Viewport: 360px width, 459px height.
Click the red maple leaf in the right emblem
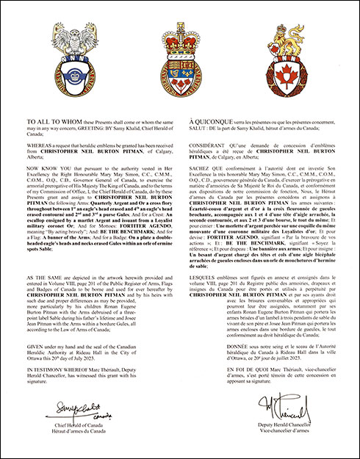point(300,73)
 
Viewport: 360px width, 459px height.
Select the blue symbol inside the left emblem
point(61,73)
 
